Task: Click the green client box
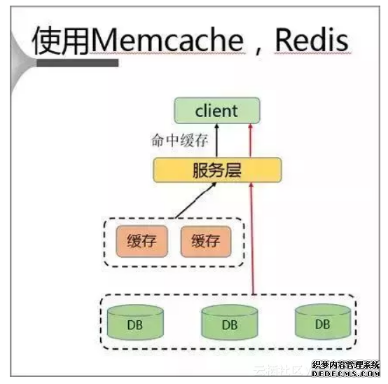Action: click(x=216, y=111)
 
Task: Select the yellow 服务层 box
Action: click(x=216, y=170)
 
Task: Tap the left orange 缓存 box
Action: click(x=143, y=242)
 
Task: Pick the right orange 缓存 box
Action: click(x=205, y=242)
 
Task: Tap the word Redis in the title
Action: click(x=310, y=41)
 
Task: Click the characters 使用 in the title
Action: click(x=60, y=42)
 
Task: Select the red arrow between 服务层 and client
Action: click(x=250, y=140)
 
